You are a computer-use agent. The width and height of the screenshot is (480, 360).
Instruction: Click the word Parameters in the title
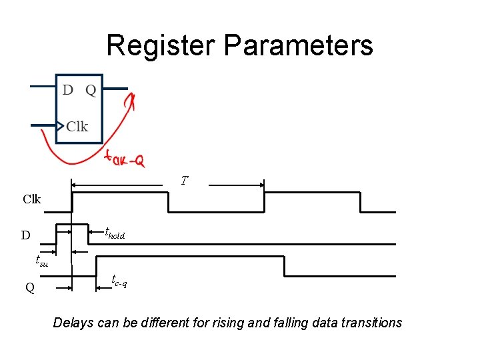point(299,45)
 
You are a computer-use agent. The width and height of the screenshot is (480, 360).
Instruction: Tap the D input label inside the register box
point(68,90)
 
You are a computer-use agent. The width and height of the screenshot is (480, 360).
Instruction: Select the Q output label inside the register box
point(91,90)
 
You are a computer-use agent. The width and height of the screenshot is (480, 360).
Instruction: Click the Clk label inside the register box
point(77,126)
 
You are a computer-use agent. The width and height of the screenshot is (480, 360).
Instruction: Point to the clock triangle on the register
point(60,125)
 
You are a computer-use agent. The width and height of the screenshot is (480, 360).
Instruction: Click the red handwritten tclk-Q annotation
point(125,159)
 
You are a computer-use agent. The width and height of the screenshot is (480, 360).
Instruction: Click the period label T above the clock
point(185,181)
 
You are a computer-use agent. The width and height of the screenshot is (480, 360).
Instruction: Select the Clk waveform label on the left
point(31,199)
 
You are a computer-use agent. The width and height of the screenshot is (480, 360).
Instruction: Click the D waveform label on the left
point(25,235)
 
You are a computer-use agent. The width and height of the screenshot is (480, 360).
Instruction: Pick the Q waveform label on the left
point(30,287)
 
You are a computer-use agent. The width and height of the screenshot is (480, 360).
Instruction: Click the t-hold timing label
point(115,233)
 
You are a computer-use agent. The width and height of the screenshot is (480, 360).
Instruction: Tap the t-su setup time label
point(42,261)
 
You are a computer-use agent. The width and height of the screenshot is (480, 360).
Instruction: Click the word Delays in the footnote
point(74,323)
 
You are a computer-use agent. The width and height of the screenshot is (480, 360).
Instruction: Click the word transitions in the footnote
point(373,323)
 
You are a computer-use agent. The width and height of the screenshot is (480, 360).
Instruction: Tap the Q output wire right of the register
point(115,87)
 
